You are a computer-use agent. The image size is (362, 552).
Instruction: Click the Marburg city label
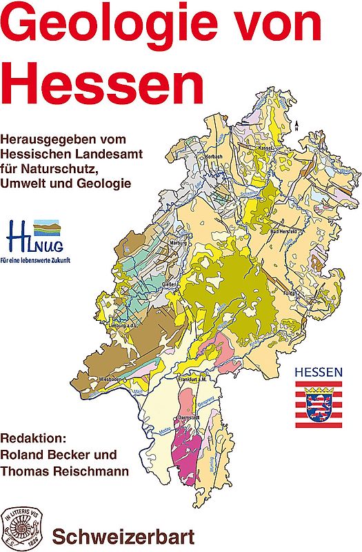pyautogui.click(x=177, y=243)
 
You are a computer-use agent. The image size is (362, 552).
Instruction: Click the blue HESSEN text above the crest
pyautogui.click(x=318, y=373)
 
